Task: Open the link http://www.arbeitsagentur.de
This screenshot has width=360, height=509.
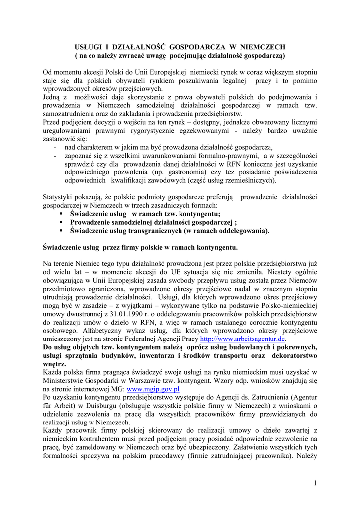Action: coord(242,339)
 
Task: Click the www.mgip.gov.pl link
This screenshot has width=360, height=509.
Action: coord(153,389)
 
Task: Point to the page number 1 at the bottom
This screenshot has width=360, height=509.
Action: coord(315,483)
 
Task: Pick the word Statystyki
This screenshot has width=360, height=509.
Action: coord(59,197)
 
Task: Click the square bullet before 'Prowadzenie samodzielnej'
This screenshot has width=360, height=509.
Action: coord(61,222)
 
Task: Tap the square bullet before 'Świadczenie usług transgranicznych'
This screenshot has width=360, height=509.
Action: coord(61,231)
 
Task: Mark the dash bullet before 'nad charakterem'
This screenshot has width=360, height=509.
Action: coord(54,147)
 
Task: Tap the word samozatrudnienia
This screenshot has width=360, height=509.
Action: coord(69,113)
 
